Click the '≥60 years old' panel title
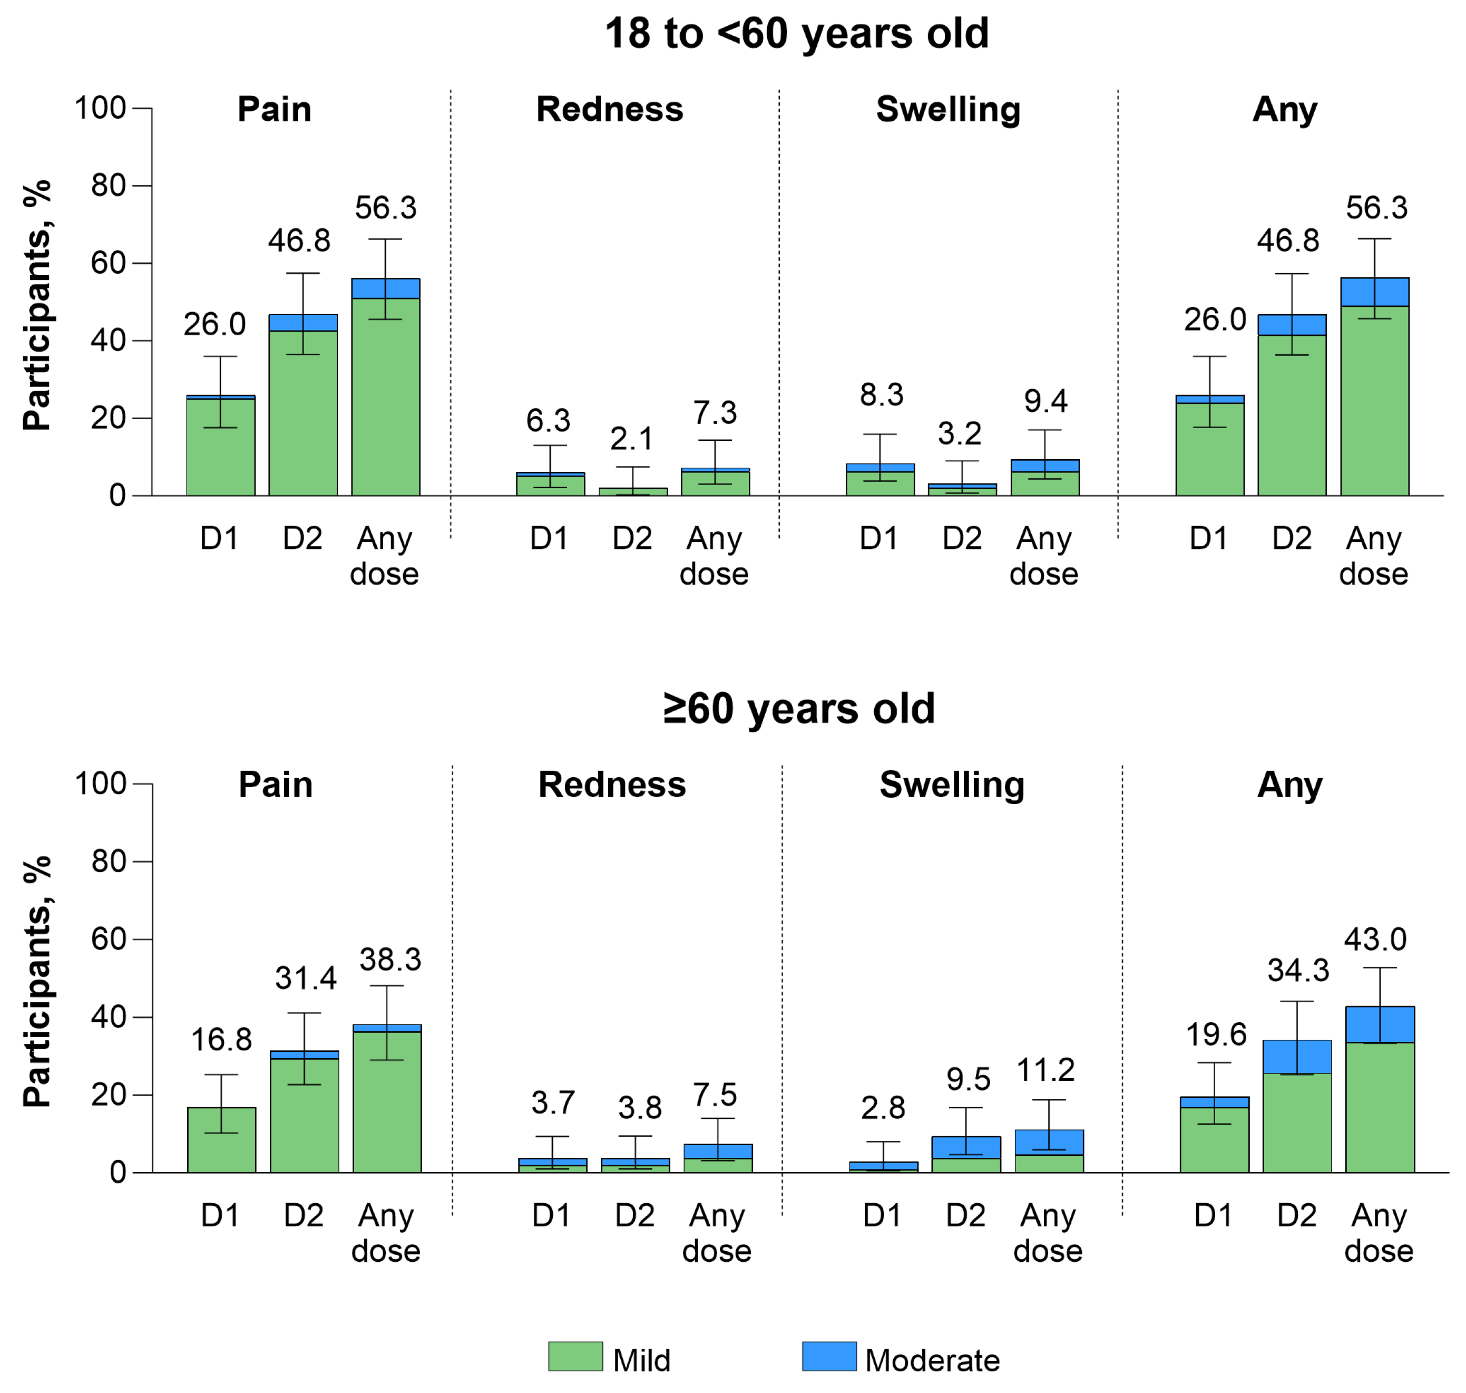pos(799,709)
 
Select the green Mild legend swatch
pos(575,1356)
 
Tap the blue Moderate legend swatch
pos(829,1356)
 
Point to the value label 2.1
pos(632,439)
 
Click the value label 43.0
pos(1375,940)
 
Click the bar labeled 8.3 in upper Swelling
pos(881,480)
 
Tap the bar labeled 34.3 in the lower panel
pos(1297,1106)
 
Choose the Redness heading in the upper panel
pos(609,109)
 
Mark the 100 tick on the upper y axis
pos(100,109)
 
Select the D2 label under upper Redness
pos(632,538)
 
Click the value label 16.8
pos(221,1040)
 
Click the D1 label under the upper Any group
pos(1208,538)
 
